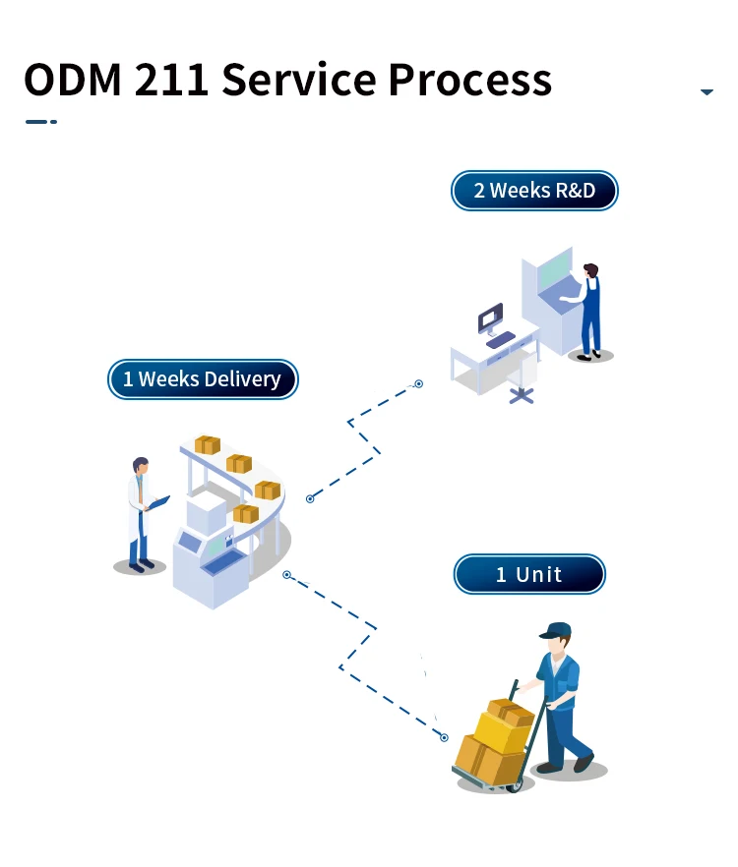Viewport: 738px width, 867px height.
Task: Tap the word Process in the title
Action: click(469, 80)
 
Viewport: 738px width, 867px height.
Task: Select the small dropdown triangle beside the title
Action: click(707, 92)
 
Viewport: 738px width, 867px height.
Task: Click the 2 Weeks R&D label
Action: click(534, 191)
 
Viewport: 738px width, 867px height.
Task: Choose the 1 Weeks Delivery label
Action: click(202, 379)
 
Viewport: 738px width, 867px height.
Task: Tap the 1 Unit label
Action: click(528, 574)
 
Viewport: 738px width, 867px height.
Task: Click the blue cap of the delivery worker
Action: click(555, 629)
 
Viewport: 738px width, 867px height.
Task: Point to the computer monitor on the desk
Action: click(490, 318)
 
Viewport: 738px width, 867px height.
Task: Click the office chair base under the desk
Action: click(522, 395)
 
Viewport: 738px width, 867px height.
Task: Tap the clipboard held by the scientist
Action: click(159, 502)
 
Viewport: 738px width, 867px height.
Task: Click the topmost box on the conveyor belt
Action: click(208, 445)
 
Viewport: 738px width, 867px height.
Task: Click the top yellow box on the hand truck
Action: click(511, 711)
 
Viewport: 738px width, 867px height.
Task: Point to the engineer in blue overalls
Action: click(589, 312)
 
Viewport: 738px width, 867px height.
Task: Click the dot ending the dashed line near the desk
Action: click(418, 383)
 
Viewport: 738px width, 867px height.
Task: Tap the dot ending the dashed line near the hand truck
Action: click(444, 737)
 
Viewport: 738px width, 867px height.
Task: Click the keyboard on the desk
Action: click(501, 339)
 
